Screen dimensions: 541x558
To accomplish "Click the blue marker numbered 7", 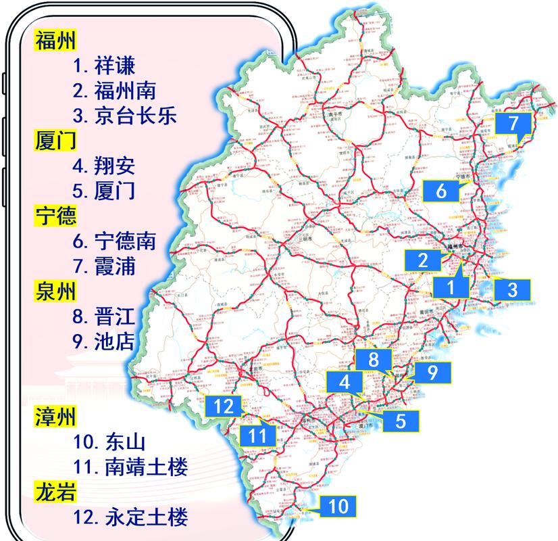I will point(513,124).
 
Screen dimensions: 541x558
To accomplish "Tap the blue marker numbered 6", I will point(441,190).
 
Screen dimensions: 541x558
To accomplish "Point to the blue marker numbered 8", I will point(374,360).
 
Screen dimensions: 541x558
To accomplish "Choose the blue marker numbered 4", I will point(345,381).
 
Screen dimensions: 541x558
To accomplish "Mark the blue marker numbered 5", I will point(401,420).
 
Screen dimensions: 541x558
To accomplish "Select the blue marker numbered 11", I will point(257,435).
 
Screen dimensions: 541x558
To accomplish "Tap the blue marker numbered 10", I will point(338,505).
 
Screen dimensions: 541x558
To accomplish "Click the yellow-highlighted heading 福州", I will point(55,41).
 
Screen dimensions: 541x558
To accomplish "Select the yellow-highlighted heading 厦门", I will point(55,140).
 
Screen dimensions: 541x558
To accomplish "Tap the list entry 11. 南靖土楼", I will point(130,467).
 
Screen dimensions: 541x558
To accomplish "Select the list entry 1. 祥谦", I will point(105,66).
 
